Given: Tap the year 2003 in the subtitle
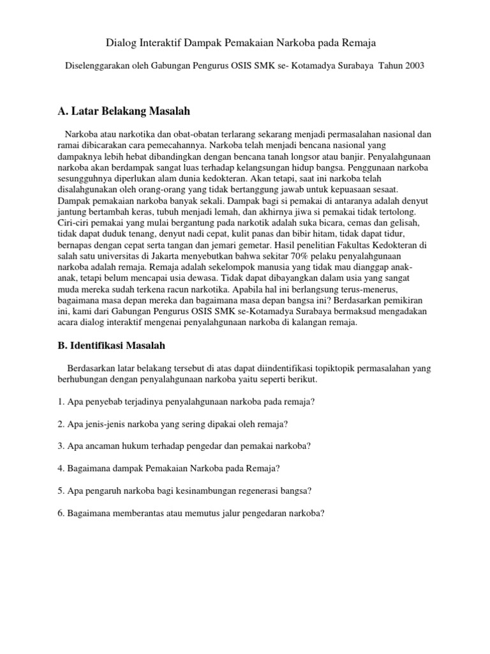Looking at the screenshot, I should click(x=412, y=65).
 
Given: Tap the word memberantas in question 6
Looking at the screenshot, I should click(x=137, y=512).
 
